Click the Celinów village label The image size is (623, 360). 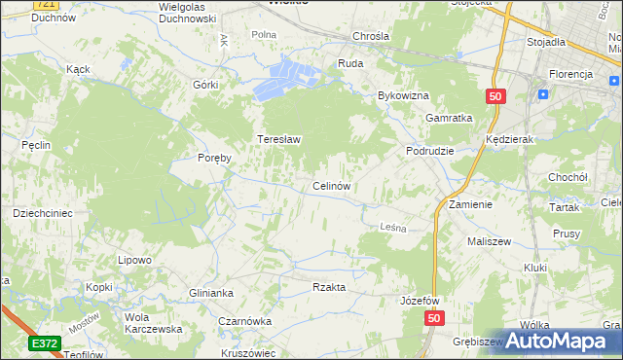(331, 185)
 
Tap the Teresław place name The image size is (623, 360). (278, 139)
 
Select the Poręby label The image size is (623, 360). (213, 159)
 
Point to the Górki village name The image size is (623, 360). (205, 85)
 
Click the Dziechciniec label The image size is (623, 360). (43, 212)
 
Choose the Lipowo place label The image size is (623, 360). (134, 260)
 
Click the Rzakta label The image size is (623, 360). (329, 287)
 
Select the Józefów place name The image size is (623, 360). (421, 301)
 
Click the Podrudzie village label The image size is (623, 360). (430, 152)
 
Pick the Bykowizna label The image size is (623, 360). (403, 96)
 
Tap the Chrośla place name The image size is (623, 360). (371, 36)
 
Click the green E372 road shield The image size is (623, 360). (45, 343)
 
